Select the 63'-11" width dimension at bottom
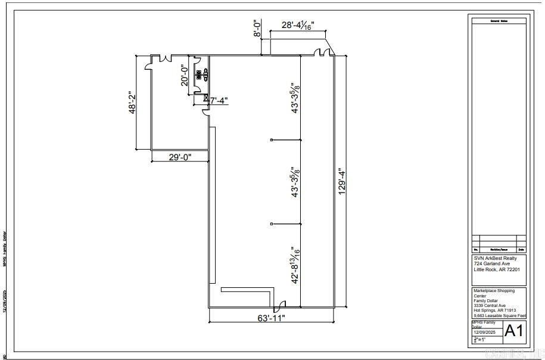pyautogui.click(x=272, y=318)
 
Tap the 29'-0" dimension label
pyautogui.click(x=179, y=157)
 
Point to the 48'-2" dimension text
pyautogui.click(x=134, y=102)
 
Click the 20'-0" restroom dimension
pyautogui.click(x=185, y=76)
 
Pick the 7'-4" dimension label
pyautogui.click(x=219, y=101)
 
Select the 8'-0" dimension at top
pyautogui.click(x=257, y=29)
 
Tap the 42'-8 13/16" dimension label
pyautogui.click(x=296, y=266)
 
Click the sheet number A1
pyautogui.click(x=513, y=331)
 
